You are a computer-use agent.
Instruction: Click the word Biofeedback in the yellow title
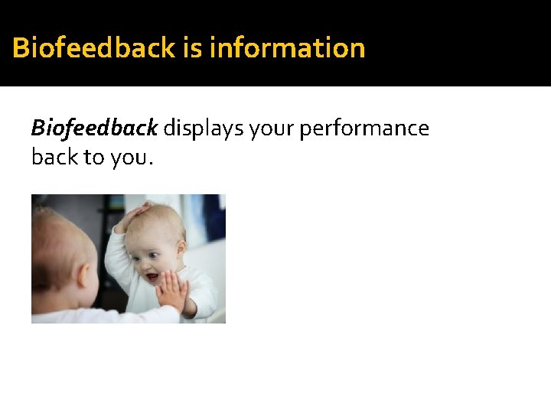[x=94, y=47]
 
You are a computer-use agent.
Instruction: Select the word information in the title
[x=287, y=47]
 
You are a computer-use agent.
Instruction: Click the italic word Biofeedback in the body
[x=94, y=128]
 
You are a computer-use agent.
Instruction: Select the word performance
[x=364, y=128]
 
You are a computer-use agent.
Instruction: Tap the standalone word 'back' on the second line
[x=54, y=157]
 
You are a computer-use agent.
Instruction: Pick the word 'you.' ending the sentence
[x=133, y=157]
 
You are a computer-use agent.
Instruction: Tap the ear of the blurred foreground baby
[x=81, y=272]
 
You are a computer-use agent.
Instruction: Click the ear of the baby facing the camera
[x=182, y=252]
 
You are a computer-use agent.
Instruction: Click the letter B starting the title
[x=21, y=47]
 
